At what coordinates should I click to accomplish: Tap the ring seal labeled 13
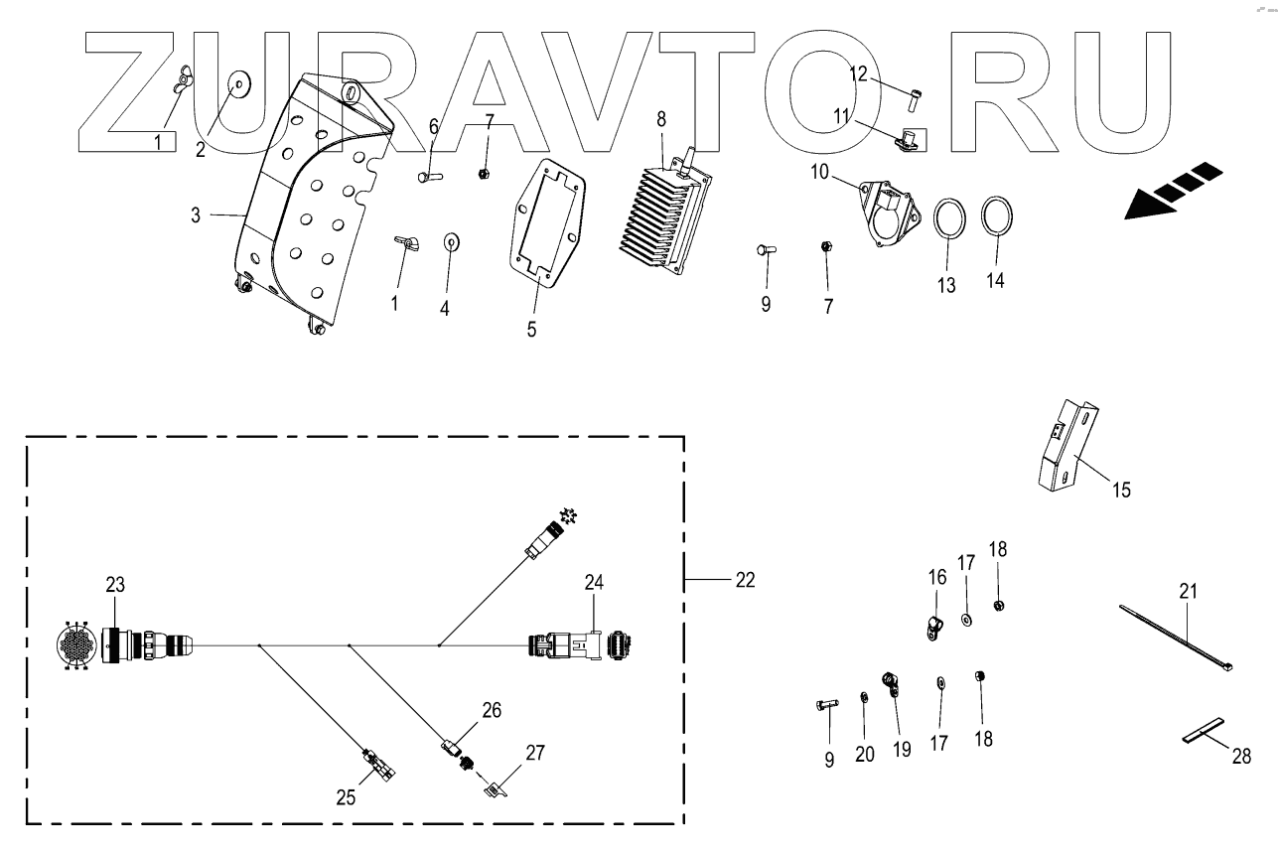click(949, 218)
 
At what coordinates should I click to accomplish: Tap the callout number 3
click(196, 214)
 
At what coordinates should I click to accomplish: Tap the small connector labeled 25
click(381, 763)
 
